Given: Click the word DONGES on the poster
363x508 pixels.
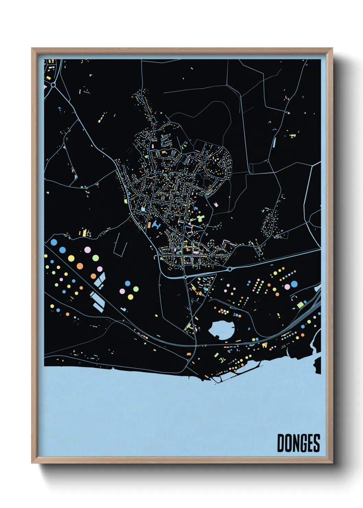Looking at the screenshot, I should [298, 443].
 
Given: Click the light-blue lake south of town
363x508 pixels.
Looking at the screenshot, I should [221, 330].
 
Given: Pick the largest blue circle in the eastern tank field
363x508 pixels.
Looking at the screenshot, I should [294, 284].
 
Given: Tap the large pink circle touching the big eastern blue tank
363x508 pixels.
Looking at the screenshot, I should [287, 287].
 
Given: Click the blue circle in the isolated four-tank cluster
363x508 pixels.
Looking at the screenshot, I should [128, 284].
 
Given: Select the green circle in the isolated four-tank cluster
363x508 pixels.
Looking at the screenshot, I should [136, 289].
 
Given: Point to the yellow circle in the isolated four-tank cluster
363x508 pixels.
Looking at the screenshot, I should [130, 297].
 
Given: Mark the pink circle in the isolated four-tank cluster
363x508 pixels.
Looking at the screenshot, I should [122, 291].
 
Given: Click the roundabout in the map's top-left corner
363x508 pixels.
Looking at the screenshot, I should [54, 84].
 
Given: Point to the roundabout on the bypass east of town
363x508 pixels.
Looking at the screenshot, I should [229, 269].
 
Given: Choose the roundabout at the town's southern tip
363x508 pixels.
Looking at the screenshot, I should [185, 277].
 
